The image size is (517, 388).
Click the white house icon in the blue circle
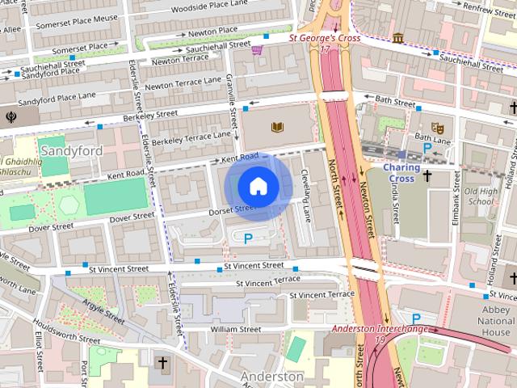[x=258, y=187]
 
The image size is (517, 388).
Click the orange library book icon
[x=278, y=127]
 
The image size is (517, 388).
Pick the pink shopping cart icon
[x=257, y=50]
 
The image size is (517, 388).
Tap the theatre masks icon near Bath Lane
[x=437, y=127]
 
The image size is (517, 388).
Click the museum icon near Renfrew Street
[x=398, y=38]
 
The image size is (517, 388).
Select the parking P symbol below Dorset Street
[x=248, y=238]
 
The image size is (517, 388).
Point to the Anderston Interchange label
[x=380, y=330]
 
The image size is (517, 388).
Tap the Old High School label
[x=481, y=196]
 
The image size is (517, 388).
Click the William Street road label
[x=235, y=330]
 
